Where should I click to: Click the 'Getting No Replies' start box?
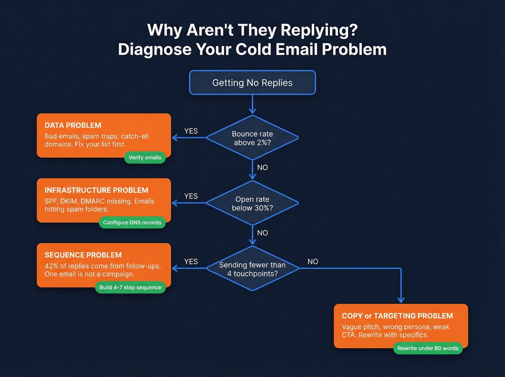[252, 83]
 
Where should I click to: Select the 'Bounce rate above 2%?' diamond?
[252, 138]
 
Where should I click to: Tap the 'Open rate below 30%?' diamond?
[252, 203]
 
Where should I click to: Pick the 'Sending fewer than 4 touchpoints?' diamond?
[252, 269]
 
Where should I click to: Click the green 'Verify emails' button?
[145, 158]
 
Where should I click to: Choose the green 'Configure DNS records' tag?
[132, 223]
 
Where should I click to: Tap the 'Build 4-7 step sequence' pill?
[130, 288]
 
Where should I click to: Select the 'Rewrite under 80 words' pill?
[428, 348]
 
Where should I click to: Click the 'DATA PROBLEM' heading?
[73, 125]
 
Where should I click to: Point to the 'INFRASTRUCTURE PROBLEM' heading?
[96, 190]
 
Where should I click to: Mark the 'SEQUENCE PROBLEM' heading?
[83, 255]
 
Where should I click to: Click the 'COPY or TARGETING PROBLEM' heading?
[397, 316]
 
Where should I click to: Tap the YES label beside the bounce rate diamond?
[191, 131]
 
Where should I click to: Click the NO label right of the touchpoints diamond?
[313, 262]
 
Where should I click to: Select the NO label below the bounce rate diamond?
[262, 167]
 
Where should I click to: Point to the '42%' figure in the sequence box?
[51, 266]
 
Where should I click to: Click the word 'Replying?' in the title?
[319, 30]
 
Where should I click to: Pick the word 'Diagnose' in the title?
[154, 49]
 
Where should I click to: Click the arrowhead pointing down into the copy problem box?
[401, 300]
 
